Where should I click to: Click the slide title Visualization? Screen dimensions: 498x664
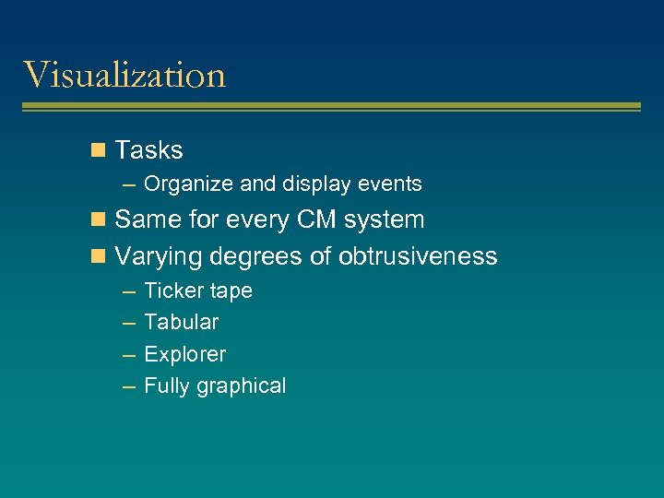point(125,75)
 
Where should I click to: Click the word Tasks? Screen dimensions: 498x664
point(148,150)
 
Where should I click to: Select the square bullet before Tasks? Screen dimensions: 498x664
point(100,150)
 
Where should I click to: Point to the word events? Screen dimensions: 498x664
point(390,184)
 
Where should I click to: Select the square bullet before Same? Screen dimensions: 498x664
point(100,220)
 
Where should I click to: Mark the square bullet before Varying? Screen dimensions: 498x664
point(100,256)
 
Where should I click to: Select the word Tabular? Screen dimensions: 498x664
point(182,322)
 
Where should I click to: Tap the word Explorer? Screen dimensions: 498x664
point(185,354)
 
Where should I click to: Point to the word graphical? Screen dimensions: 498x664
point(242,386)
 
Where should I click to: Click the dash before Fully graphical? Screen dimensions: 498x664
point(129,386)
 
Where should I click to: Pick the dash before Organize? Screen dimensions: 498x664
point(129,184)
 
